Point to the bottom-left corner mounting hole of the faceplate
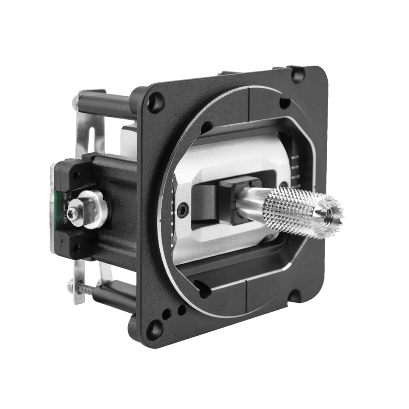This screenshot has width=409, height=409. (x=155, y=328)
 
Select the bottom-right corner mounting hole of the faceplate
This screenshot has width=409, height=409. (x=295, y=295)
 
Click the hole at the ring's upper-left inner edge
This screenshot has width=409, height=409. (x=207, y=127)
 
